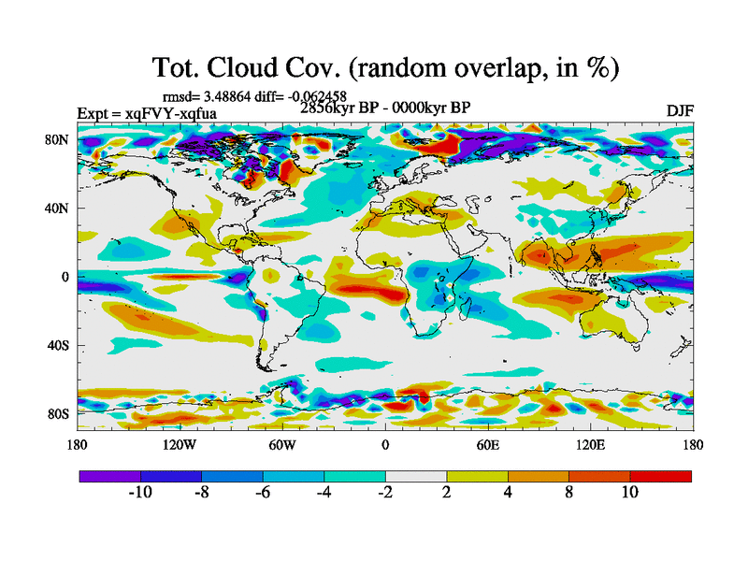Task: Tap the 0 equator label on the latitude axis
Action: click(65, 277)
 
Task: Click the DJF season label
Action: click(679, 110)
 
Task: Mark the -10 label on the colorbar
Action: click(140, 493)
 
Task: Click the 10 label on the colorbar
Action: click(629, 493)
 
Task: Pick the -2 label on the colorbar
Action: click(385, 493)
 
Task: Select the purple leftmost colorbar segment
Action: click(109, 476)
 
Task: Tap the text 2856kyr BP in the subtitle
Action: click(336, 108)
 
